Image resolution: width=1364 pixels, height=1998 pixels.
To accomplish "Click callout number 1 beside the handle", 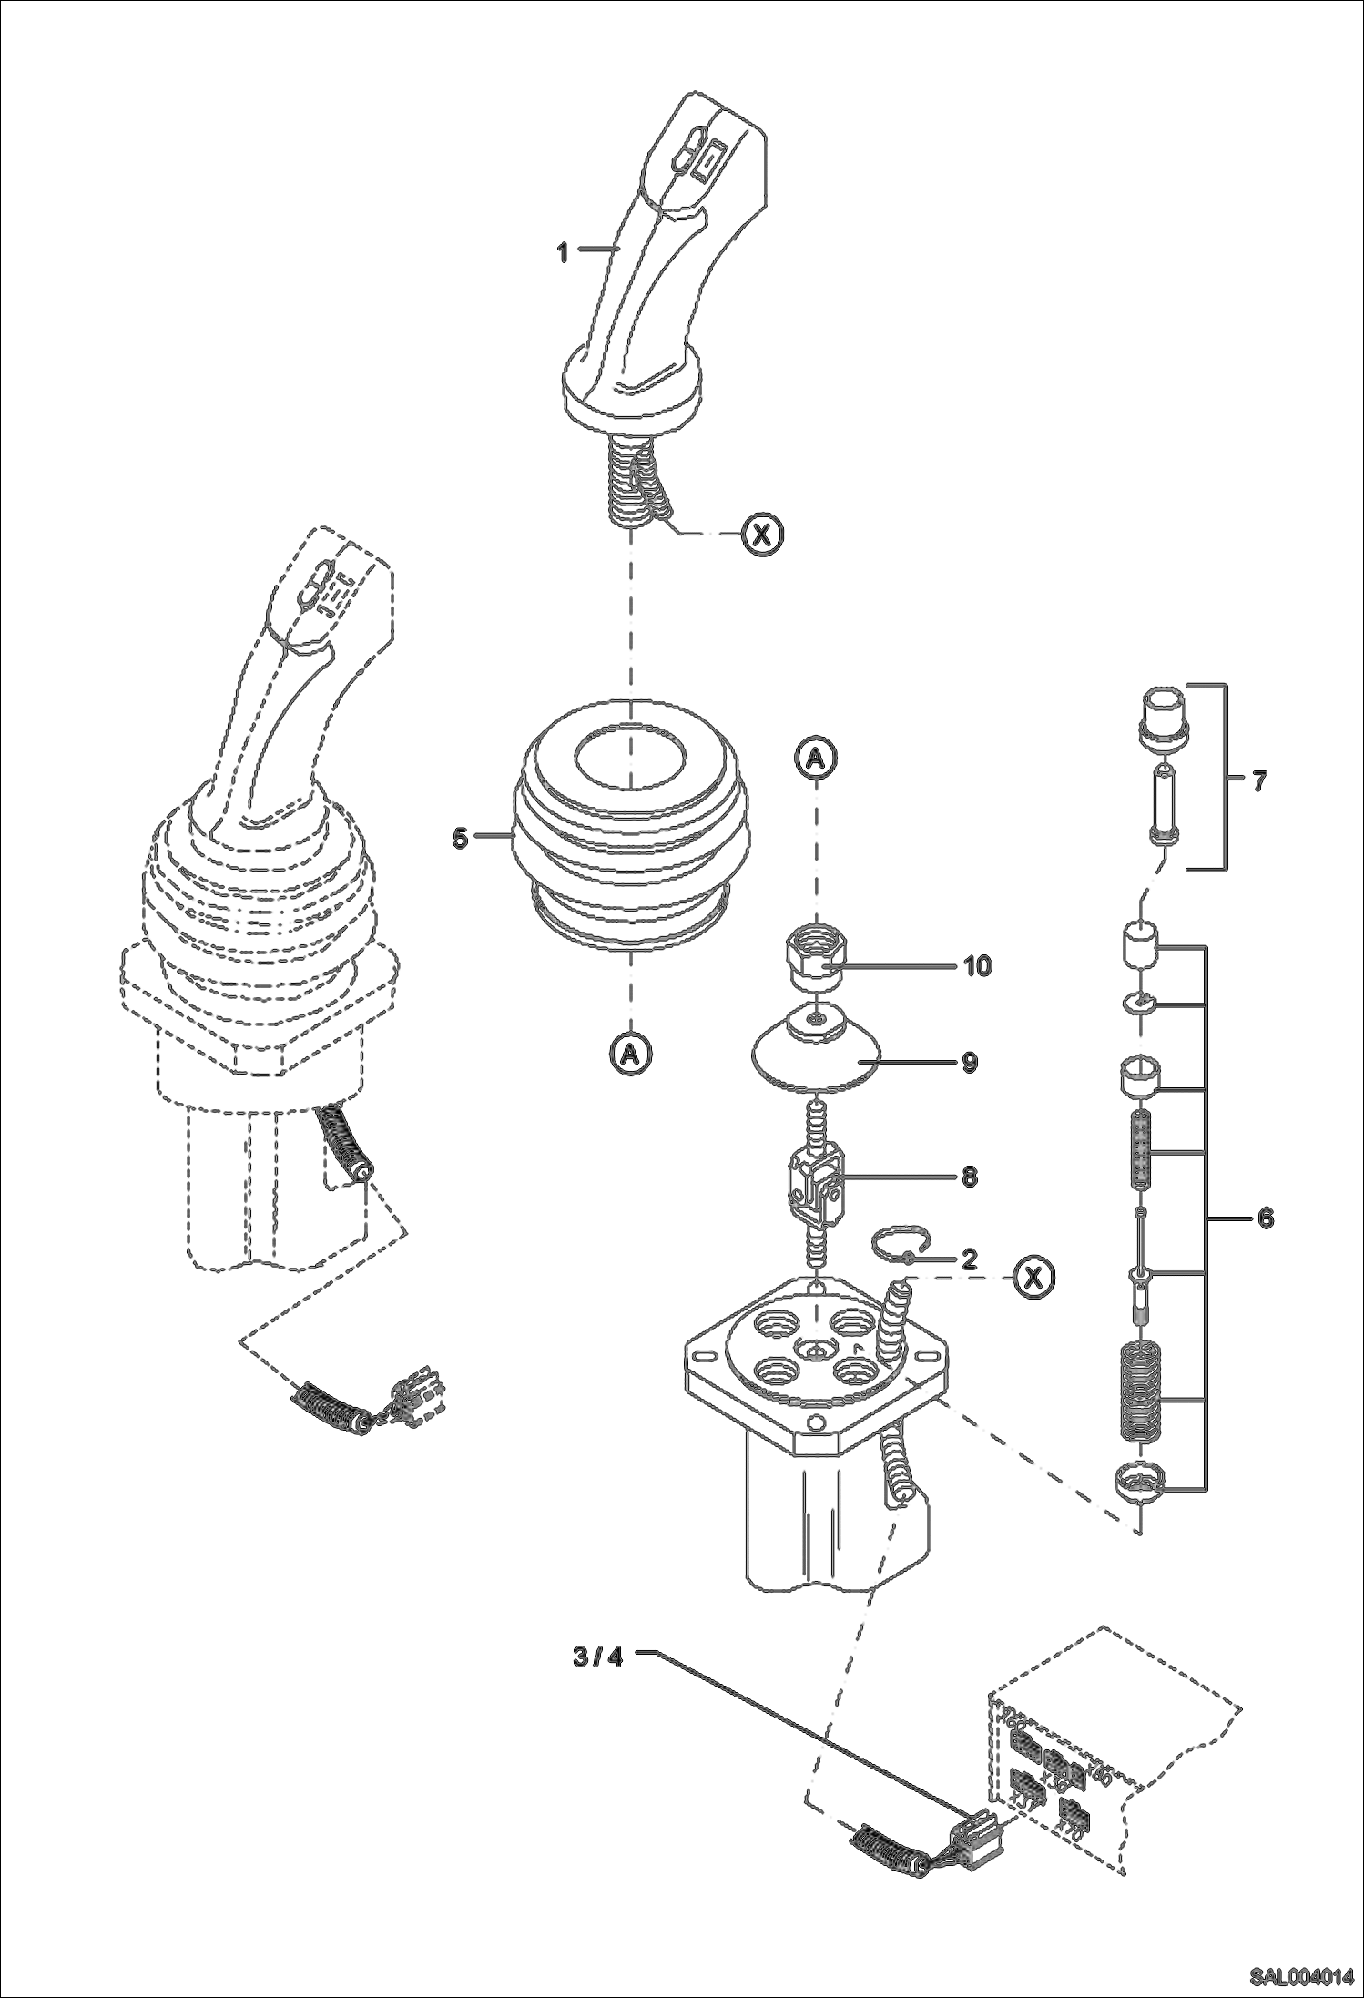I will [563, 252].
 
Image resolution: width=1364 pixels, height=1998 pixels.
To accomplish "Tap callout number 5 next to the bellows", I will [461, 837].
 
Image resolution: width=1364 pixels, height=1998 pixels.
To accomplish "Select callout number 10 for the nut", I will [977, 965].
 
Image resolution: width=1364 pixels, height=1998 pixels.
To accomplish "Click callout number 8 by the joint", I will [969, 1177].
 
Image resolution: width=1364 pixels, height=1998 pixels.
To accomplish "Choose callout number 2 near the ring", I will [969, 1259].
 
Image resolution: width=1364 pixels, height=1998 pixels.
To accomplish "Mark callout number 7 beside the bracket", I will [1259, 780].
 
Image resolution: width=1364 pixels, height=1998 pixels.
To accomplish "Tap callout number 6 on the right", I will [1265, 1218].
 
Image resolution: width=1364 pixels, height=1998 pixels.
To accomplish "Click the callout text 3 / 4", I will [597, 1657].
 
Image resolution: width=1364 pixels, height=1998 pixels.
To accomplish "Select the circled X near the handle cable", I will [762, 535].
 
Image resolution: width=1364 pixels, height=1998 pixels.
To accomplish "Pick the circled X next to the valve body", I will [1033, 1278].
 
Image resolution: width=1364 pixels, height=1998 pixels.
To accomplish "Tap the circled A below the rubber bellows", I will [629, 1054].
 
